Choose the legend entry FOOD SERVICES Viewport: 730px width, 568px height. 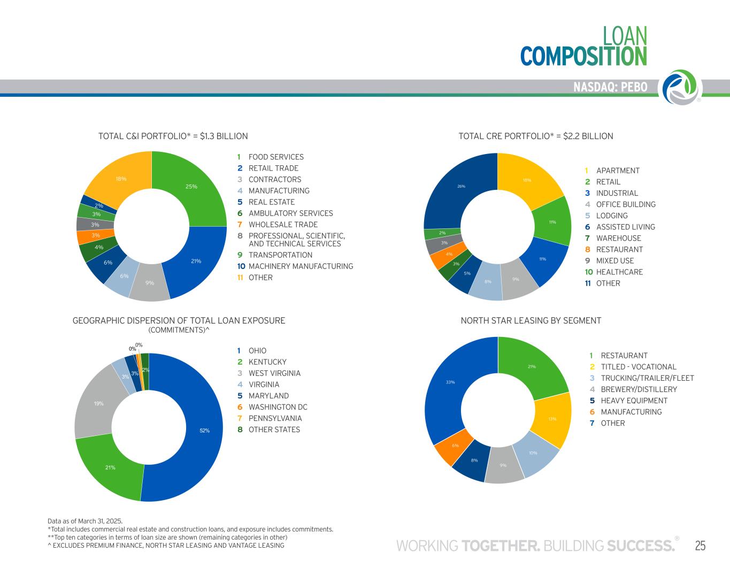pos(275,157)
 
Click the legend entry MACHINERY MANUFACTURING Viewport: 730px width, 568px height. pos(301,266)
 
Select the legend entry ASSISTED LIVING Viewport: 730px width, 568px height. pos(625,227)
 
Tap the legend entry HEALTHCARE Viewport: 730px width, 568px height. pos(619,272)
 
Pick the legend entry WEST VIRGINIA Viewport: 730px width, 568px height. pos(274,373)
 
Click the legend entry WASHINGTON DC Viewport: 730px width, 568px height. pos(278,407)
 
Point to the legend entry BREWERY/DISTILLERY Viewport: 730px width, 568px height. pos(639,389)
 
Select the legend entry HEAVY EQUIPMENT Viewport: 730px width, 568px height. pos(634,401)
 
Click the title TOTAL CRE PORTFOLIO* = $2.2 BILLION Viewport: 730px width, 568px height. pos(535,136)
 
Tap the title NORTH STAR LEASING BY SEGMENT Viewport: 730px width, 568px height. pos(531,321)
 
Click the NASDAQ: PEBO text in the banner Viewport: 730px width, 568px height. pos(610,87)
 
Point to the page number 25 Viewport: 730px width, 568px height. pos(700,546)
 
